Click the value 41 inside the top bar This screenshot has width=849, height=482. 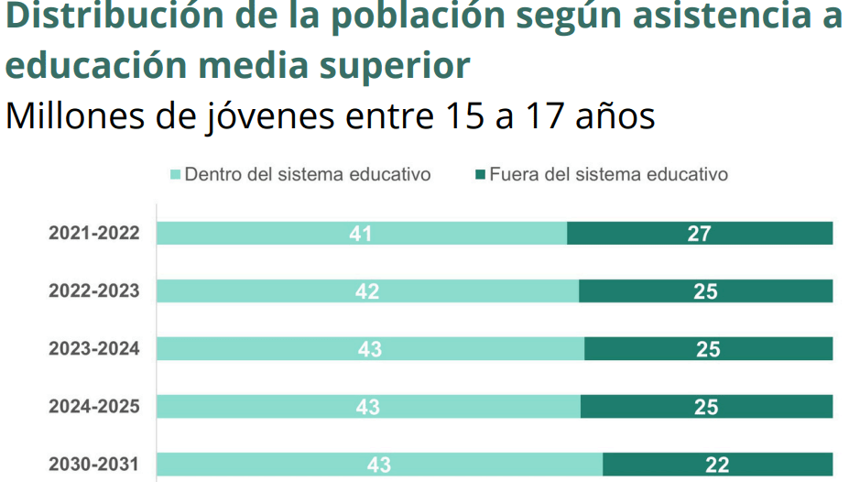360,234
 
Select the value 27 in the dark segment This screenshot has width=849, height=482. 699,234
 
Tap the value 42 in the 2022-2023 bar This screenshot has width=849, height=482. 367,291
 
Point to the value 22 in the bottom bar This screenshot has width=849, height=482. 717,465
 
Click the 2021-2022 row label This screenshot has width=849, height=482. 94,234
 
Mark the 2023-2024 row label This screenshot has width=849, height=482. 94,349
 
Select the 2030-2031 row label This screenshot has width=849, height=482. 94,465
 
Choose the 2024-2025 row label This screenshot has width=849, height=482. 94,406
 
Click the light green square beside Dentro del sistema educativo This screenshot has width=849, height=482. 175,174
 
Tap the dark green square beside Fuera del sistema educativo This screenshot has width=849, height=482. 480,174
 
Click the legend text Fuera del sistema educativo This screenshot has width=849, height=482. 608,174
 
